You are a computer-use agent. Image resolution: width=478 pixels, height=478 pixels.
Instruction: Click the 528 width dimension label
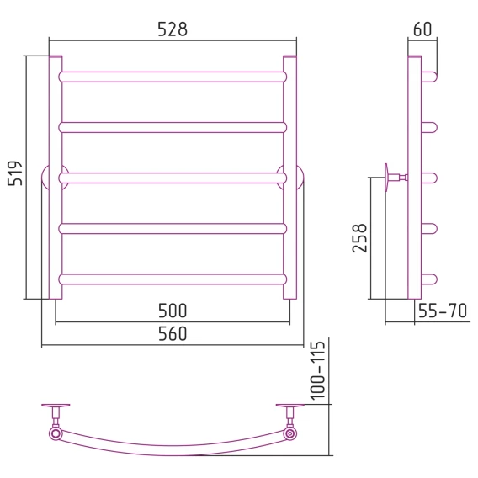coord(173,29)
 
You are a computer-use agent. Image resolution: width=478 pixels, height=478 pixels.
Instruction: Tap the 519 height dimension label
coord(15,173)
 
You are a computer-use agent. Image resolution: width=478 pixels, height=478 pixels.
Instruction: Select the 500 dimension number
coord(173,311)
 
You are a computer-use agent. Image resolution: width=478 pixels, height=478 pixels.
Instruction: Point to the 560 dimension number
coord(173,334)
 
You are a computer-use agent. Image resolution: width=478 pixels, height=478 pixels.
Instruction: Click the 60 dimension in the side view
coord(422,29)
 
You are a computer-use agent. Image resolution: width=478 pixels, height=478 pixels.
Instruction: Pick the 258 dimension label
coord(359,238)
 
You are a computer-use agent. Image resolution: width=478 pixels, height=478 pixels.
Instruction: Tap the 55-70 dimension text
coord(443,311)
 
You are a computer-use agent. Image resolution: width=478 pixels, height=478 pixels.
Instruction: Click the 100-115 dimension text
coord(317,370)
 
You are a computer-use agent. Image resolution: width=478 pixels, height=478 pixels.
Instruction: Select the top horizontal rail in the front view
coord(173,77)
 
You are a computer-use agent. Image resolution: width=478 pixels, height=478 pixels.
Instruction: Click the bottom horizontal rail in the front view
coord(173,279)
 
